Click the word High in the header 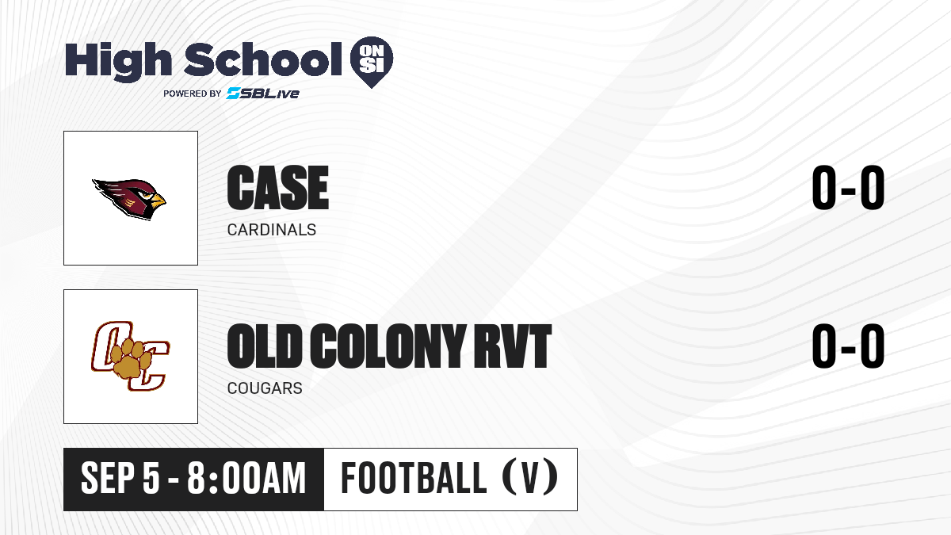[118, 62]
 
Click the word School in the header [263, 59]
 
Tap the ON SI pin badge [372, 62]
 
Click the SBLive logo [262, 94]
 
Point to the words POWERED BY [193, 94]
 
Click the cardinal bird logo [129, 199]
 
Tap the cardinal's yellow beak [158, 201]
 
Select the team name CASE [278, 188]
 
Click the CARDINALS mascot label [272, 230]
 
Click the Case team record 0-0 [848, 187]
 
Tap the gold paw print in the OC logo [132, 359]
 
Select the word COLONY [388, 346]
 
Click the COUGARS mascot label [265, 388]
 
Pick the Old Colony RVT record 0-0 [848, 346]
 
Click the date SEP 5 [120, 479]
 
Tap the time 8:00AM [246, 479]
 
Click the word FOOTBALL [414, 478]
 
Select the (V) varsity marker [530, 478]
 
